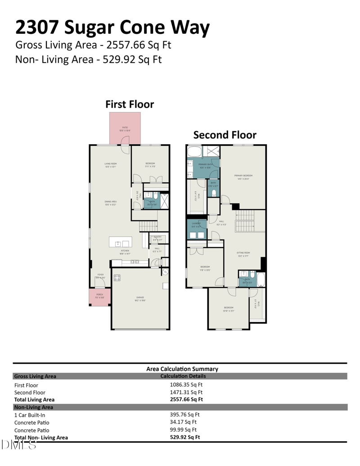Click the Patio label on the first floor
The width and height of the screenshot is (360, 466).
pos(125,129)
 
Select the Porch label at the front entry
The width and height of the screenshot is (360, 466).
pos(99,296)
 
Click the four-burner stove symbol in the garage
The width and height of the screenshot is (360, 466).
pos(117,278)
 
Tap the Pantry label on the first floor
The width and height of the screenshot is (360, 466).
pos(157,238)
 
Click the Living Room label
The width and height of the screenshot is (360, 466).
pos(111,165)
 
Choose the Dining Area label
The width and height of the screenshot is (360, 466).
pos(111,203)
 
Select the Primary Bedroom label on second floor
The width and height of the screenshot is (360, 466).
pos(243,176)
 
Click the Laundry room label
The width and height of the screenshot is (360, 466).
pos(196,225)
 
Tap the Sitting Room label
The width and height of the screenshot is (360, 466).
pos(243,254)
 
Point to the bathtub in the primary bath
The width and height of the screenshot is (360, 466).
pos(194,151)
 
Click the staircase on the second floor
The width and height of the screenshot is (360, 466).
pos(245,221)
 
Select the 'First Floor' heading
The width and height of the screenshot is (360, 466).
pos(130,104)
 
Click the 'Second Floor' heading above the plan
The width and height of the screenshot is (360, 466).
pos(225,135)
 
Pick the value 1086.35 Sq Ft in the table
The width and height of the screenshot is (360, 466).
pos(186,385)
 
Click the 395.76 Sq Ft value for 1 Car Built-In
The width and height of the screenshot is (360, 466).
pos(184,415)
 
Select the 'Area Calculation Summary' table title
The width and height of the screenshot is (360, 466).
pos(182,369)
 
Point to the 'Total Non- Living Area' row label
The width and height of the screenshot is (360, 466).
pos(41,437)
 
